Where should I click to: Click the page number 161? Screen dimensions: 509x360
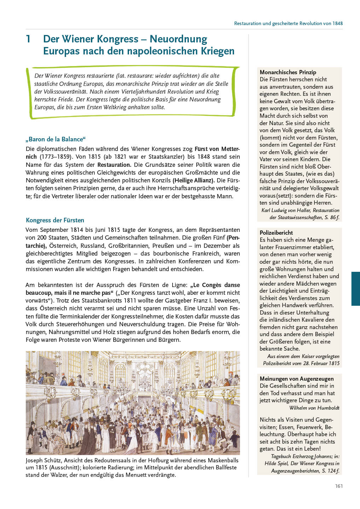pyautogui.click(x=339, y=486)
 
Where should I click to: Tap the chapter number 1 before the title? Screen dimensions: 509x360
pyautogui.click(x=28, y=39)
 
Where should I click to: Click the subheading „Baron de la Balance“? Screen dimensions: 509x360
pyautogui.click(x=56, y=139)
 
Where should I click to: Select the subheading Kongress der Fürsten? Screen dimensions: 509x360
pyautogui.click(x=55, y=220)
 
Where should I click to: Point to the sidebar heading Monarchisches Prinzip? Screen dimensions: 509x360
pyautogui.click(x=288, y=72)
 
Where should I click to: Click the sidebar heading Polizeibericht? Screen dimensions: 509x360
pyautogui.click(x=276, y=233)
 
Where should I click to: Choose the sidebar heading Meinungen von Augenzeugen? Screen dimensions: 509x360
pyautogui.click(x=296, y=379)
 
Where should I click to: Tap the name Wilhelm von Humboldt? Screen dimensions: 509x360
pyautogui.click(x=314, y=408)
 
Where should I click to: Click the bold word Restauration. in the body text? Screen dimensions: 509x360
pyautogui.click(x=114, y=165)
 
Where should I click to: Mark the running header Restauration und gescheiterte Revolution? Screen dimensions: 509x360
pyautogui.click(x=288, y=23)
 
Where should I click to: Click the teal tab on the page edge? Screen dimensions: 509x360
pyautogui.click(x=355, y=288)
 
